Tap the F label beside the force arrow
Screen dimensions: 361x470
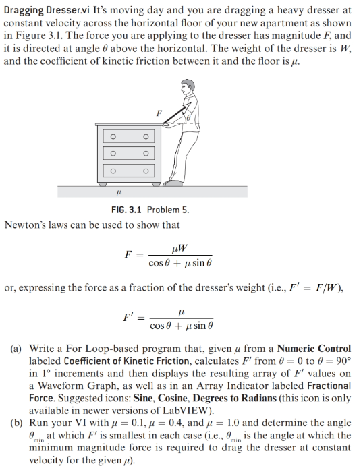coord(159,113)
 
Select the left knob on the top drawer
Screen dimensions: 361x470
coord(114,138)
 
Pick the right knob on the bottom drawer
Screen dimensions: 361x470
coord(146,172)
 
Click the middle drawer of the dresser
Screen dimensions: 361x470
coord(130,154)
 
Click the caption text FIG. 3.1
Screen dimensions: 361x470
coord(127,209)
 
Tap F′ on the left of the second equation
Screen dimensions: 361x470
coord(129,315)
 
